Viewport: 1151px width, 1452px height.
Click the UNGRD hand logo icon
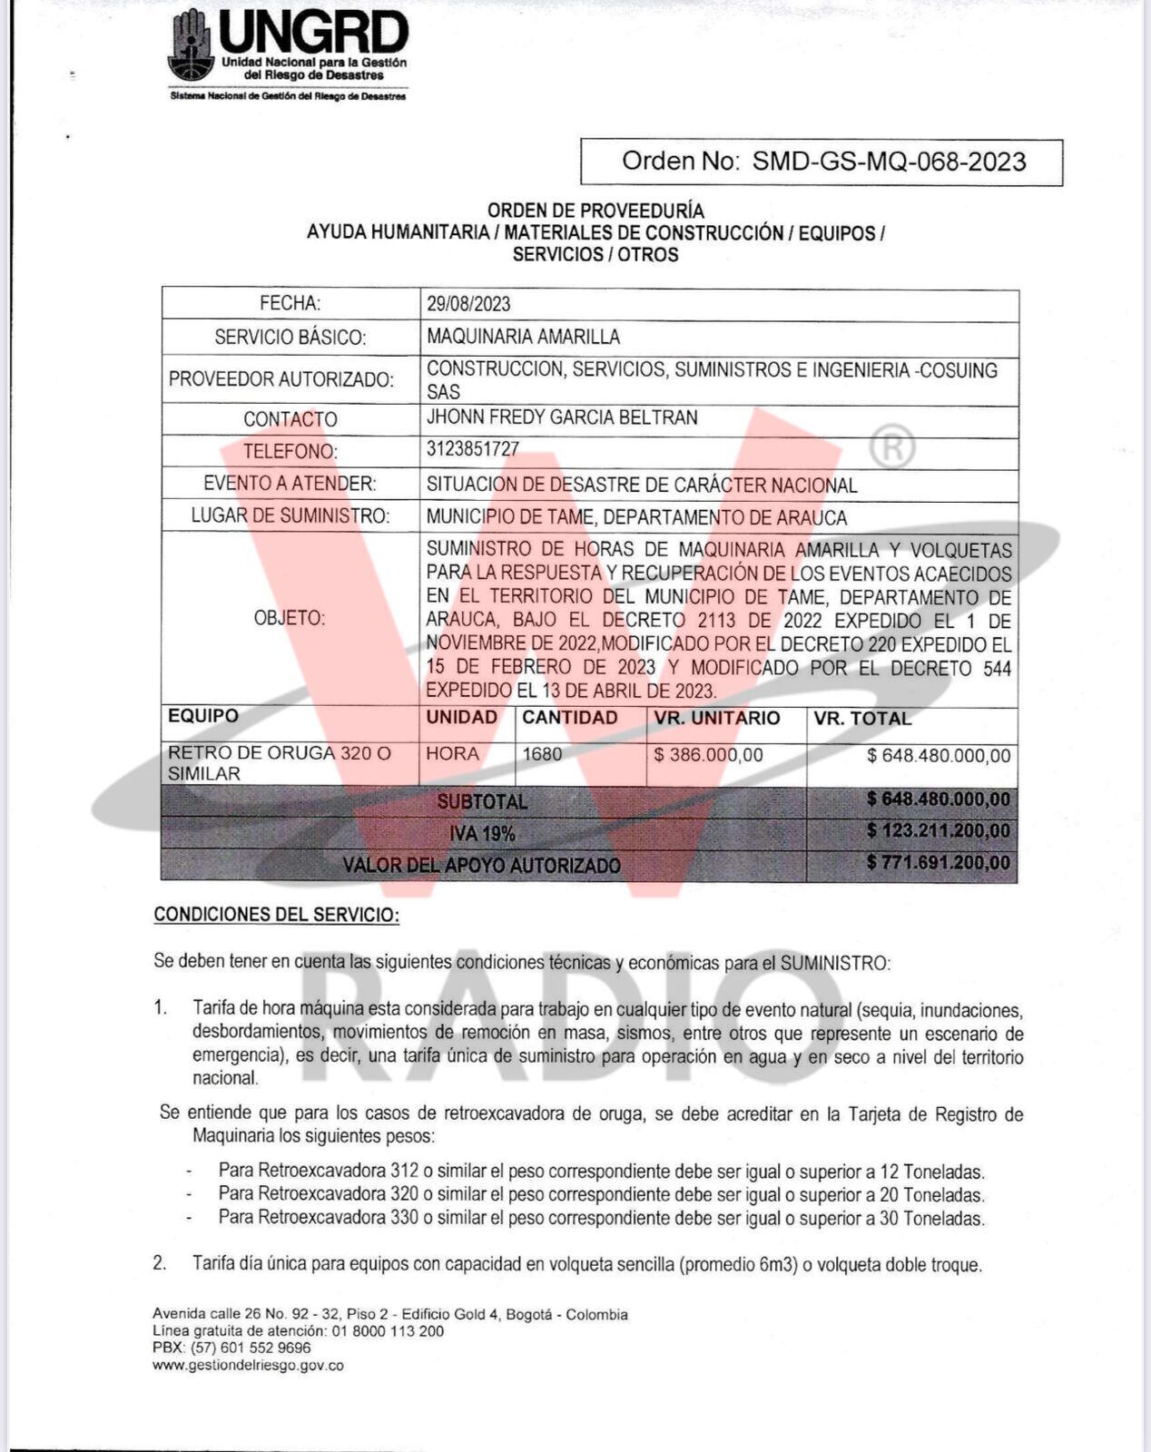click(190, 45)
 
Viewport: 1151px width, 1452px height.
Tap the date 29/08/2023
click(468, 304)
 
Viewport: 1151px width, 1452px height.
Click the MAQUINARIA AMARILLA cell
click(523, 338)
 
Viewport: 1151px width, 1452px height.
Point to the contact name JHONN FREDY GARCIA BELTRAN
click(562, 417)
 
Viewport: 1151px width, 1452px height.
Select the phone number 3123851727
click(473, 449)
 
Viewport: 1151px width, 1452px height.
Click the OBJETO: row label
click(290, 618)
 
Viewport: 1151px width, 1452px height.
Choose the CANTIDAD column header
click(570, 718)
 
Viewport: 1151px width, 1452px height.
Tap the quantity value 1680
click(543, 754)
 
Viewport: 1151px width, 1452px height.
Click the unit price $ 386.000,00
click(709, 755)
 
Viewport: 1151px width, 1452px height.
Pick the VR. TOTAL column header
click(862, 719)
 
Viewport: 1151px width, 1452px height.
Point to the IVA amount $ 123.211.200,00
click(938, 831)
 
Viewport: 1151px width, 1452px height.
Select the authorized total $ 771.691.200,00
click(938, 863)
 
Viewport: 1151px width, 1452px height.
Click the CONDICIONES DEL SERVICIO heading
click(277, 915)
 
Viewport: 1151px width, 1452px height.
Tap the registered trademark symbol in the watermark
click(891, 447)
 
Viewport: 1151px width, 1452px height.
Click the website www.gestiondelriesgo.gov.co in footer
click(248, 1365)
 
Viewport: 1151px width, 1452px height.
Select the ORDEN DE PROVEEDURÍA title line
click(595, 211)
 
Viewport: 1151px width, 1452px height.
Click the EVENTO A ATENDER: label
click(290, 484)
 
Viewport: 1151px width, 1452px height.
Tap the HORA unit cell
click(453, 754)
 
